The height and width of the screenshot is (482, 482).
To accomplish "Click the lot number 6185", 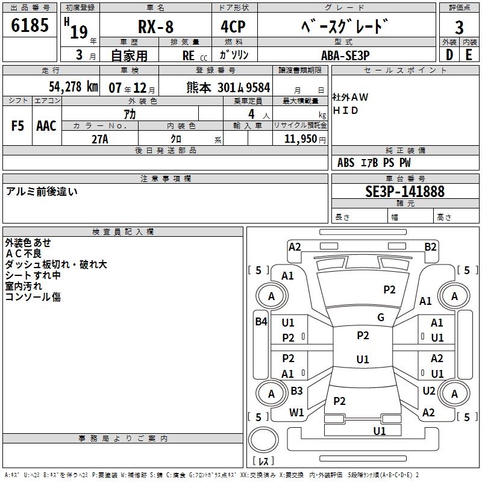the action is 30,25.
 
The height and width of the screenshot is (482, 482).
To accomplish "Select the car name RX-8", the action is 155,27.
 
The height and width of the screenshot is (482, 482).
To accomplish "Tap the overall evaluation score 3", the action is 459,28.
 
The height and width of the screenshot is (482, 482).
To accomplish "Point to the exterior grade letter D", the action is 449,55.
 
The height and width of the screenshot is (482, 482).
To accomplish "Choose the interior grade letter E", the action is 469,55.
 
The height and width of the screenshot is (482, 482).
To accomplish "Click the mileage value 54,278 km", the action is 74,87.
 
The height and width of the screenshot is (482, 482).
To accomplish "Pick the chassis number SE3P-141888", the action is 405,192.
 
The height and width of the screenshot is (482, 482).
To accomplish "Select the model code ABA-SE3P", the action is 345,55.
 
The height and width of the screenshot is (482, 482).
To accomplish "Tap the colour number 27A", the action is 100,139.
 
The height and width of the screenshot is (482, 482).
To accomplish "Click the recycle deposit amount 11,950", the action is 300,139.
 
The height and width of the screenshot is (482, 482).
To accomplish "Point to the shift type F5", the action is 17,126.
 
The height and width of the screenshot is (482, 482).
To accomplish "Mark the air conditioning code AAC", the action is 46,126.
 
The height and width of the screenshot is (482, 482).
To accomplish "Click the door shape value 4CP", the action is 233,27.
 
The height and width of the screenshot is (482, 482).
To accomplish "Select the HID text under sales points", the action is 345,110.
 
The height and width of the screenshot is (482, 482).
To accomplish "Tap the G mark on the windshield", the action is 381,318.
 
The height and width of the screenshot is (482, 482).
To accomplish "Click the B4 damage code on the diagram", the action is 261,322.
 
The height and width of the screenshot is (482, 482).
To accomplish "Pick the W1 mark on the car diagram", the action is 296,413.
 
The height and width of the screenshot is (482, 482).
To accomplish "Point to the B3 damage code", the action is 296,390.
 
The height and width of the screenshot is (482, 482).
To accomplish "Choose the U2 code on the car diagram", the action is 429,391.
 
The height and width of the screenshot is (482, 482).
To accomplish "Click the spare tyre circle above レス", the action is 263,440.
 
